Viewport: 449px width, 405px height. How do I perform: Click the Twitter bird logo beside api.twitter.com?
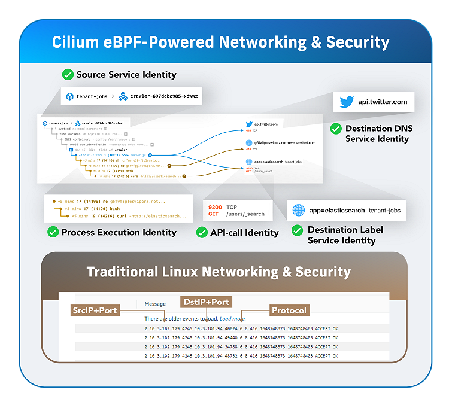(x=347, y=102)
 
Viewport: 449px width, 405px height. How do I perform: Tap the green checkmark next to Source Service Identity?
(x=68, y=75)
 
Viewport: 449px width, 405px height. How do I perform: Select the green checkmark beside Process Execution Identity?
(x=53, y=232)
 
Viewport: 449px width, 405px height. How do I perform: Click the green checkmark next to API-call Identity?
(x=202, y=232)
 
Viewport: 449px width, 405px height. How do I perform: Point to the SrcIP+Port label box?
(x=95, y=310)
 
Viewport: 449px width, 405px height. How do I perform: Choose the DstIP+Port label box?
(x=206, y=302)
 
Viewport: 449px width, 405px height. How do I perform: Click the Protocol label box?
(x=289, y=310)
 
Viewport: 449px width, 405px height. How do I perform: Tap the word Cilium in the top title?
(x=74, y=42)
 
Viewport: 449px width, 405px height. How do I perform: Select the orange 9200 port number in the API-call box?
(x=215, y=207)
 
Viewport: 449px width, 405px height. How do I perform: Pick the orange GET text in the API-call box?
(x=213, y=214)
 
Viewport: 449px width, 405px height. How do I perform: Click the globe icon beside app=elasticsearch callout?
(x=299, y=211)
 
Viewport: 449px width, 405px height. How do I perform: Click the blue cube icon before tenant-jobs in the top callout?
(x=69, y=96)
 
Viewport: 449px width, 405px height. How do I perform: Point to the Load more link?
(x=232, y=319)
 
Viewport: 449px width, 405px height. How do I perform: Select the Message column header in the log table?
(x=155, y=303)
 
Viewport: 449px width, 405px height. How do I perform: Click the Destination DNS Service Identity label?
(x=378, y=133)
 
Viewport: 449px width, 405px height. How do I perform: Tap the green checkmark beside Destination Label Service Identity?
(x=297, y=230)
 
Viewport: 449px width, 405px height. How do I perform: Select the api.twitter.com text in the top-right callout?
(x=383, y=102)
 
